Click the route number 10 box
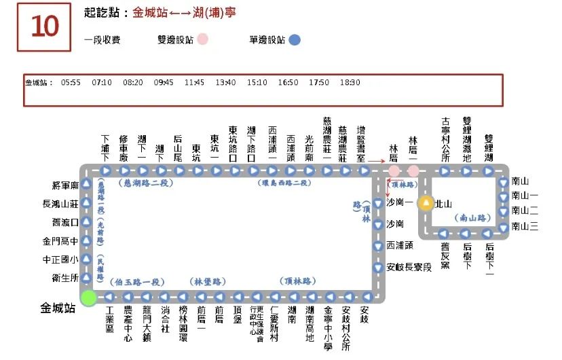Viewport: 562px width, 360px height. pos(44,26)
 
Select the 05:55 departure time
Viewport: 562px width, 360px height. pos(71,83)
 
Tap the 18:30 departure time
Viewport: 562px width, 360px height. pos(350,83)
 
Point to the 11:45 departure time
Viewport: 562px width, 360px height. pos(194,83)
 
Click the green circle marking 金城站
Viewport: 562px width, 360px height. pos(88,297)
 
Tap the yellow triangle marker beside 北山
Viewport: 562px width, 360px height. pos(426,202)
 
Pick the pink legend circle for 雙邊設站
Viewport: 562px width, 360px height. pos(202,40)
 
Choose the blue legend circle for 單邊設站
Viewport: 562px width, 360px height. pos(295,40)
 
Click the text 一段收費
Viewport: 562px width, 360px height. pos(102,40)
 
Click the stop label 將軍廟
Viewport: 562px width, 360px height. pos(65,185)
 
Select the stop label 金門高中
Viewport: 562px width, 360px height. pos(61,240)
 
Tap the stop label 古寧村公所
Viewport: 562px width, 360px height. pos(445,139)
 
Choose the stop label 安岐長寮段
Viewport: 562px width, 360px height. pos(409,267)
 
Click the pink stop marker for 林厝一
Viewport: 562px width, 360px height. pos(413,170)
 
